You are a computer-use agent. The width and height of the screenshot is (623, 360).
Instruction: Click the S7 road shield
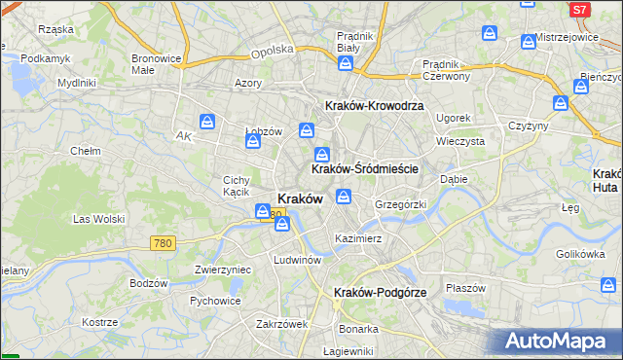[x=579, y=9]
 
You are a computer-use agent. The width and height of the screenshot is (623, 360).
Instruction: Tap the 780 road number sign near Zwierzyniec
[x=163, y=243]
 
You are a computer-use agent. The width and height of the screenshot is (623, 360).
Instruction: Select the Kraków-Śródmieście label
[x=364, y=168]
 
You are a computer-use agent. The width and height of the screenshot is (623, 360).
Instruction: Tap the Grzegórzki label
[x=400, y=205]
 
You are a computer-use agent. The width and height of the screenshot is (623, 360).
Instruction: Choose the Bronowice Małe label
[x=156, y=64]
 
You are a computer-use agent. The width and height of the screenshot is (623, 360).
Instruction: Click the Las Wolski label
[x=99, y=219]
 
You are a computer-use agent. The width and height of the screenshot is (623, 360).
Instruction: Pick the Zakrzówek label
[x=281, y=323]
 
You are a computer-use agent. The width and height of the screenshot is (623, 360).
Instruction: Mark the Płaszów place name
[x=465, y=287]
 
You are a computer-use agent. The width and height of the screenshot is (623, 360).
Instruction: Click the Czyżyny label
[x=529, y=126]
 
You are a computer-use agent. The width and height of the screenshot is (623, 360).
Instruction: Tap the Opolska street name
[x=272, y=51]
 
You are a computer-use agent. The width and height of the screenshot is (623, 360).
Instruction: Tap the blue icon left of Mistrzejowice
[x=529, y=41]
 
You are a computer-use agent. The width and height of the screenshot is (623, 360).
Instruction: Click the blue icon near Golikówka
[x=607, y=285]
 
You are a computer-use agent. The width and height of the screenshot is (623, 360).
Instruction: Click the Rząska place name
[x=56, y=29]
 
